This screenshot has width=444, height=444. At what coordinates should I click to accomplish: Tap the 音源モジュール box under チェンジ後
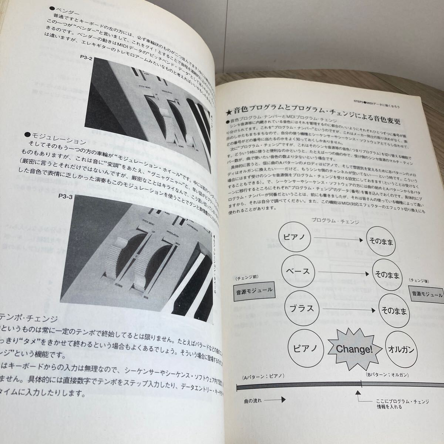click(427, 294)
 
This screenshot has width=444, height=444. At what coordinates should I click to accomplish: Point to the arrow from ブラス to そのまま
click(342, 309)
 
